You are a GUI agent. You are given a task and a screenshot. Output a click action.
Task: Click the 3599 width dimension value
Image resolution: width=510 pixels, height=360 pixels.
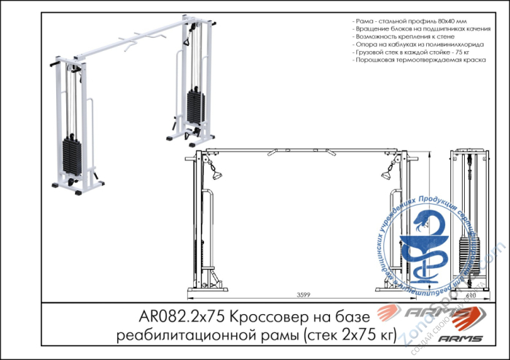pyautogui.click(x=304, y=294)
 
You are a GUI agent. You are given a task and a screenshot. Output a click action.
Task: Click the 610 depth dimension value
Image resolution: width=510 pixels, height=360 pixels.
pyautogui.click(x=471, y=295)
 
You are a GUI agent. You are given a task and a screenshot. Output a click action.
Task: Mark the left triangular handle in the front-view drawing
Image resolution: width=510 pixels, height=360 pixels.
pyautogui.click(x=216, y=174)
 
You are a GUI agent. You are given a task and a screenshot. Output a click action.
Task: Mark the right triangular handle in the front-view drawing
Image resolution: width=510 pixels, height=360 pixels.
pyautogui.click(x=385, y=175)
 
